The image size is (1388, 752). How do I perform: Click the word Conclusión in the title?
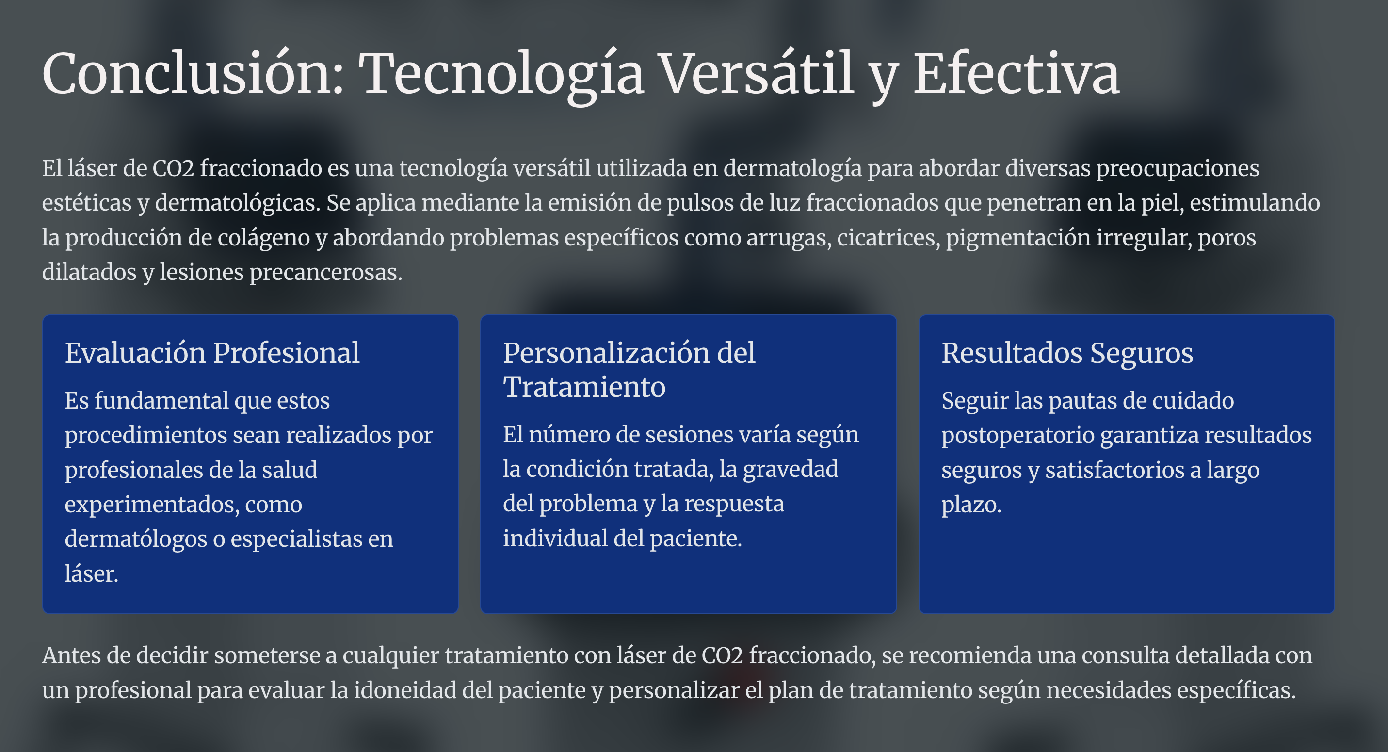coord(193,73)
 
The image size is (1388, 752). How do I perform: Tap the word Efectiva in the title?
coord(1016,73)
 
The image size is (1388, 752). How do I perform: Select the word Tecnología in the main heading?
coord(501,76)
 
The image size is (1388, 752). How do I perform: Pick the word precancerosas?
coord(326,272)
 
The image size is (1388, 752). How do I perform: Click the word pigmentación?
coord(1018,238)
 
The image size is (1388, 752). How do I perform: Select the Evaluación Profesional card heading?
coord(212,353)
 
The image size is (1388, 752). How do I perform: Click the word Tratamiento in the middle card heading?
coord(584,387)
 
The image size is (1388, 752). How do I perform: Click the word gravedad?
coord(791,470)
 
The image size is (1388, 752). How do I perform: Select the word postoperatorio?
coord(1018,436)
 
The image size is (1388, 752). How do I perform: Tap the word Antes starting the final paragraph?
coord(71,655)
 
